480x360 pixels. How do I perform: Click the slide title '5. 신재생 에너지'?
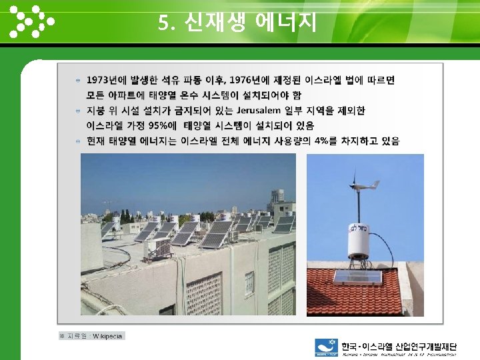[x=237, y=23]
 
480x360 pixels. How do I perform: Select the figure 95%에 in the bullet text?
[x=163, y=125]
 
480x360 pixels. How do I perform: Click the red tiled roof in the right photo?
[x=353, y=293]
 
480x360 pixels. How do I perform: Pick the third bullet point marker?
[x=79, y=141]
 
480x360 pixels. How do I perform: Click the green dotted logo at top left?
[x=31, y=22]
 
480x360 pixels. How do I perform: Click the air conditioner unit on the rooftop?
[x=158, y=247]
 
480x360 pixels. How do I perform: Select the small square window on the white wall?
[x=249, y=282]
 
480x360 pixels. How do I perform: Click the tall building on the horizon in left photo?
[x=277, y=196]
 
